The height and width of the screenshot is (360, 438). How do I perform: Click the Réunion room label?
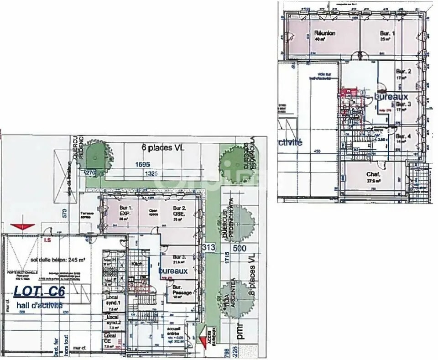[325, 34]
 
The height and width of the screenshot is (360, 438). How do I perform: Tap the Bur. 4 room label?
[403, 136]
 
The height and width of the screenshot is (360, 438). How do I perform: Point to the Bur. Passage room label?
[181, 290]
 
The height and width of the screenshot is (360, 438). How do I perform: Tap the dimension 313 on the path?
[209, 247]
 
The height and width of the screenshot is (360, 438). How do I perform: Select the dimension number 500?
[240, 249]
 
